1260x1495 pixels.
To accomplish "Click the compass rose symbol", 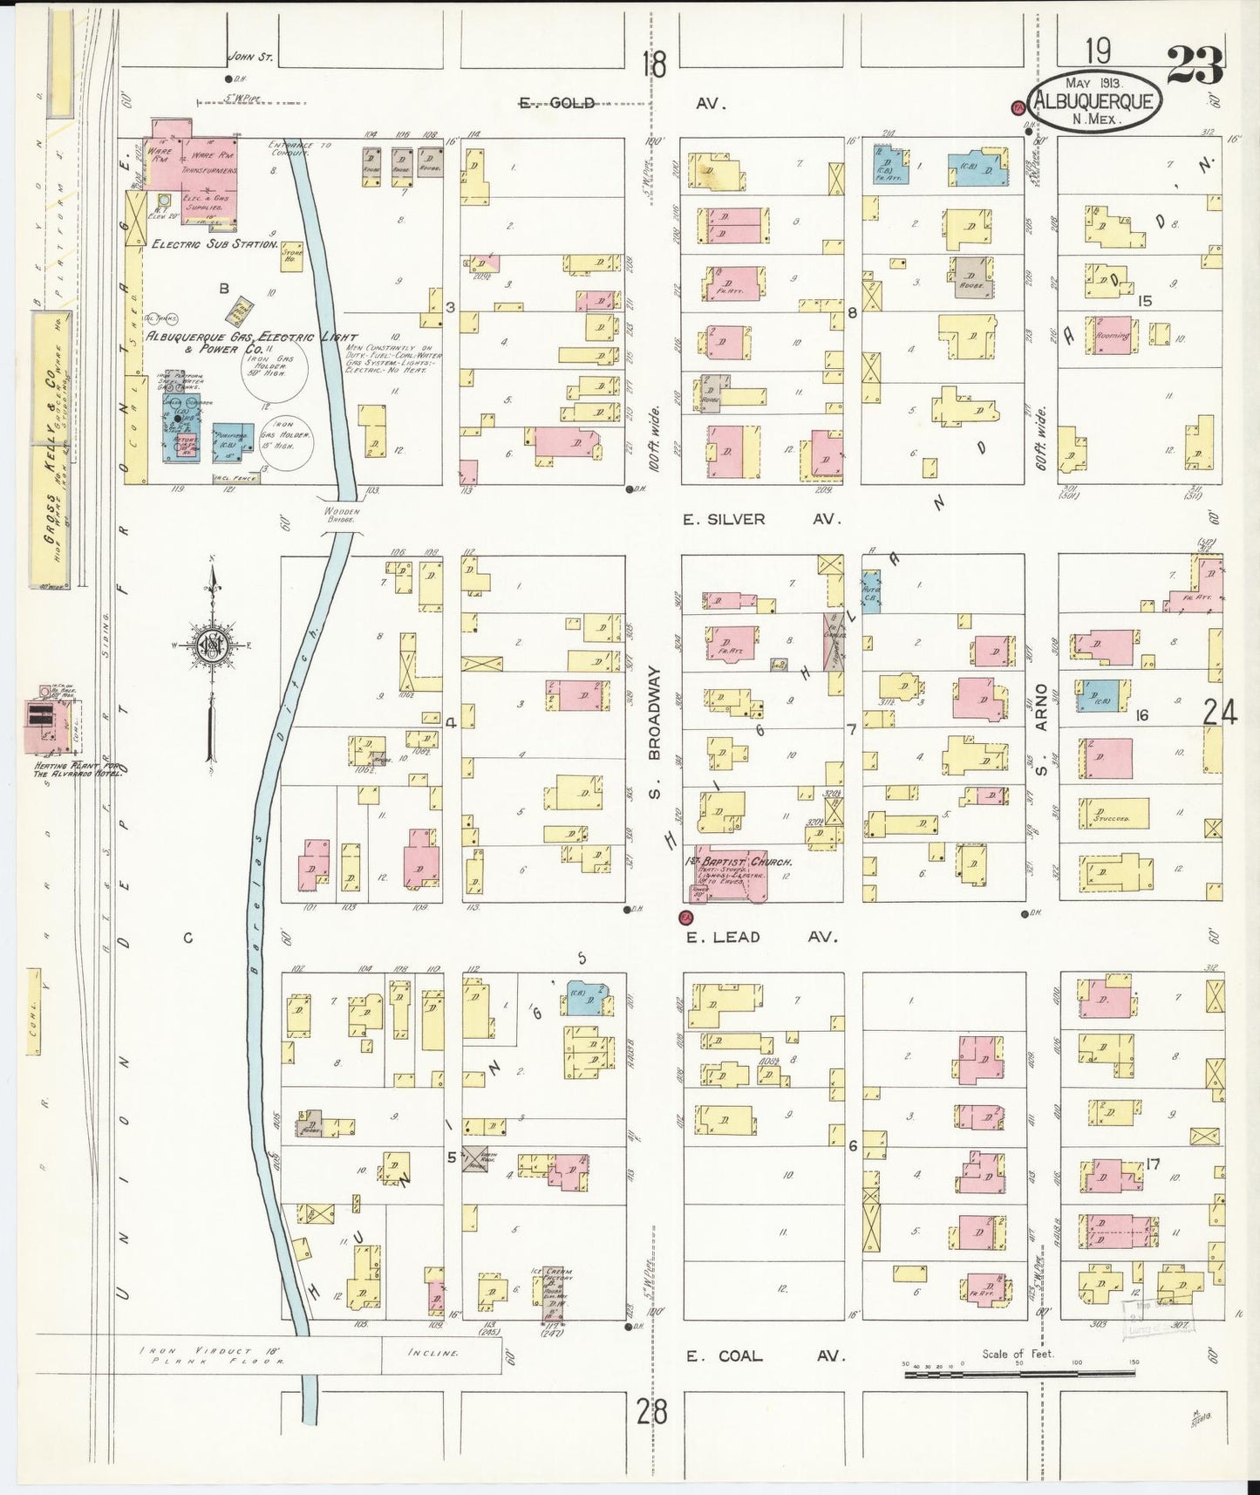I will click(x=213, y=645).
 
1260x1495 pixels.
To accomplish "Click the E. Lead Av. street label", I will click(x=760, y=938).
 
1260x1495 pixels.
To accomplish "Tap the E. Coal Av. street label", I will click(x=760, y=1356).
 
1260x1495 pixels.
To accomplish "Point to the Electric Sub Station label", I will click(x=215, y=245).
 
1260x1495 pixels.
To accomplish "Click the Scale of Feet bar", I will click(x=1018, y=1375).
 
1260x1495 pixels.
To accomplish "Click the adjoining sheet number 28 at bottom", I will click(x=651, y=1410).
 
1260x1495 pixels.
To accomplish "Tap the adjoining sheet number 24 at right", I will click(x=1219, y=714).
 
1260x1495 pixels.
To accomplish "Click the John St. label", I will click(x=250, y=58).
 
